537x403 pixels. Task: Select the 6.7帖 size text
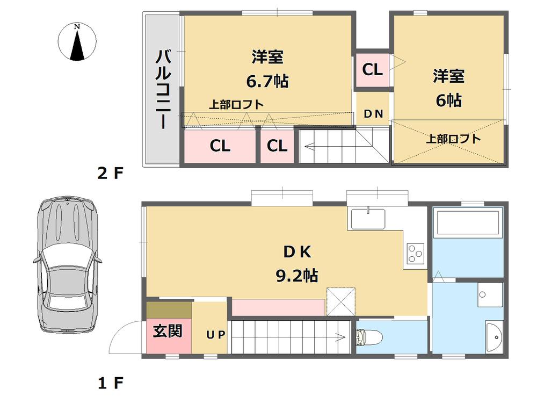267,81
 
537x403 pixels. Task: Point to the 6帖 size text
448,100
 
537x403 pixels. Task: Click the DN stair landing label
373,114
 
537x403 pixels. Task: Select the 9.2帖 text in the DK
297,276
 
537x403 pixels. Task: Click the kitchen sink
368,218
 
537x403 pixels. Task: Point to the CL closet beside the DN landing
372,69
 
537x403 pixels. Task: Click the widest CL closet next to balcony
220,146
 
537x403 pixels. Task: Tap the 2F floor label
110,174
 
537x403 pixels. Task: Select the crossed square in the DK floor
341,301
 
